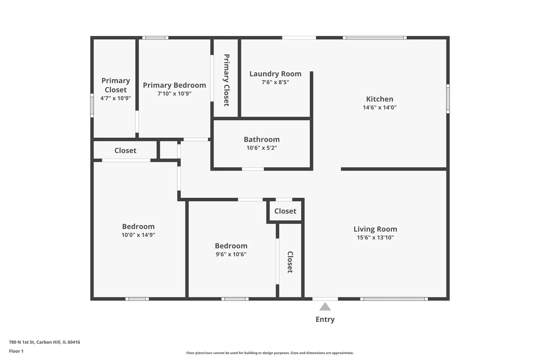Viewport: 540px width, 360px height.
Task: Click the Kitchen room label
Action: [x=379, y=99]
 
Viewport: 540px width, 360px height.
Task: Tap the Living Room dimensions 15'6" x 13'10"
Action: [x=375, y=238]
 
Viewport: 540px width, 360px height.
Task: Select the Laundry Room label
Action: [x=275, y=74]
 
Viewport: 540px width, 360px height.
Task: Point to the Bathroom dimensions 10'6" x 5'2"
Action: [x=262, y=148]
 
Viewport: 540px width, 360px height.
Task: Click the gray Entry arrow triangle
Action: [x=325, y=307]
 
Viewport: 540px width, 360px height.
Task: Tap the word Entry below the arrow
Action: [x=325, y=319]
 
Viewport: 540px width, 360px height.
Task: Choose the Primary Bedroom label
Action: [x=174, y=85]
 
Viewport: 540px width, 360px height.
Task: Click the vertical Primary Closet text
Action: [x=226, y=80]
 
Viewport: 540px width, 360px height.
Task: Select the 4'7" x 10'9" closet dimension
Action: [x=115, y=98]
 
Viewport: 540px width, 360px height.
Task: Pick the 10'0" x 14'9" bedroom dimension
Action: [x=138, y=235]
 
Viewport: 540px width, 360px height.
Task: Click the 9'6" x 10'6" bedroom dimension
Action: [x=231, y=254]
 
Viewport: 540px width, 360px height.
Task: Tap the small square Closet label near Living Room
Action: [x=285, y=211]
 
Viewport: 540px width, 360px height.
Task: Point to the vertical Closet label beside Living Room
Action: [x=290, y=262]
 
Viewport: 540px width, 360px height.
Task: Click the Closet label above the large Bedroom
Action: [x=125, y=150]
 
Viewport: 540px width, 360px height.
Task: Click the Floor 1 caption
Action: [x=16, y=351]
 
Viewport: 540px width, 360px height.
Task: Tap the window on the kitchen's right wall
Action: [x=448, y=99]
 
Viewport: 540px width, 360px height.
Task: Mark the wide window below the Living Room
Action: [x=394, y=299]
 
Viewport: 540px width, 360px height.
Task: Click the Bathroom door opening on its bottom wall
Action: [x=253, y=169]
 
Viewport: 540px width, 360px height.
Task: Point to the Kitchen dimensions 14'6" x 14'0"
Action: [x=379, y=108]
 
